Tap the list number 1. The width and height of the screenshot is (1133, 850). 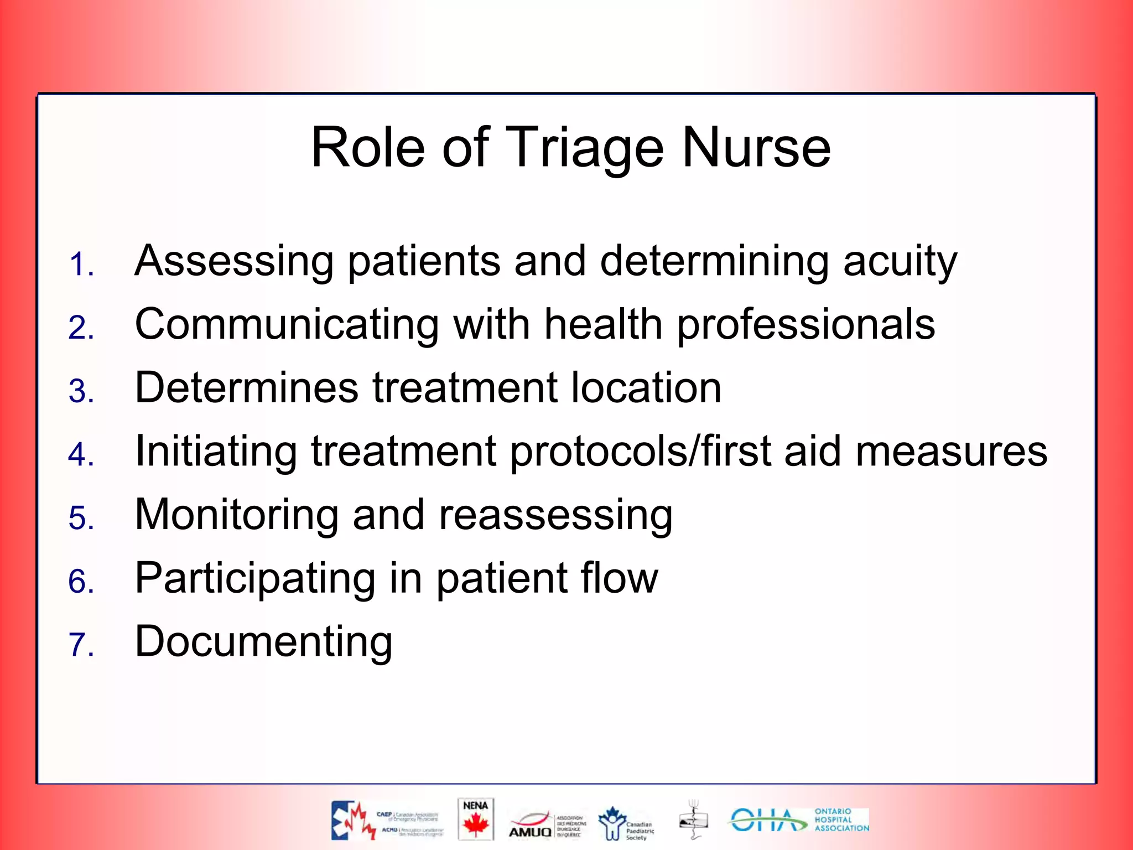click(81, 264)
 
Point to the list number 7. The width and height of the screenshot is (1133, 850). click(81, 645)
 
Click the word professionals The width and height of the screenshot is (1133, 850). click(806, 325)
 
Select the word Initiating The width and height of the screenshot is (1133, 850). click(216, 452)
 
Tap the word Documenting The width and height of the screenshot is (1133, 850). click(263, 642)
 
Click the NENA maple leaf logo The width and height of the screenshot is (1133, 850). click(475, 819)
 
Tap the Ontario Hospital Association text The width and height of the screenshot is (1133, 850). click(840, 820)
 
